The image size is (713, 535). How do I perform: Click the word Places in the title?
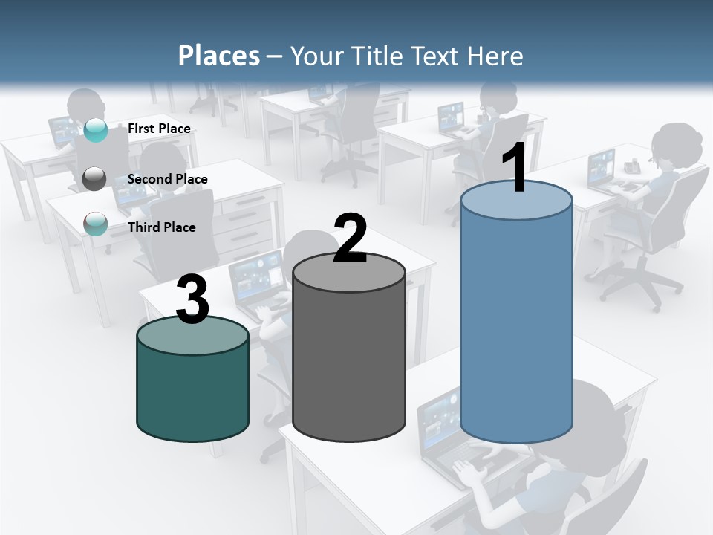click(219, 56)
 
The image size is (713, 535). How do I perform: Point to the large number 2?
click(350, 239)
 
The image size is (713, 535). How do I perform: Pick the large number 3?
click(192, 300)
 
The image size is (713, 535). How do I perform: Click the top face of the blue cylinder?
click(516, 201)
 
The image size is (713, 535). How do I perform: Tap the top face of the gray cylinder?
click(349, 273)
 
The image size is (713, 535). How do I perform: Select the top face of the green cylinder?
click(192, 337)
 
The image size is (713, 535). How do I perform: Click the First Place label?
click(159, 129)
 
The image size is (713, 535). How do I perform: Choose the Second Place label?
click(167, 179)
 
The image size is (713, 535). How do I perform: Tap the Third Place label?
click(161, 227)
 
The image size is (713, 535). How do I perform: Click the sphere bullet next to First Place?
click(96, 130)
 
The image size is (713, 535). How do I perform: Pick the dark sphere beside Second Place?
click(95, 179)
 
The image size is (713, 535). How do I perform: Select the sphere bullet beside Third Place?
click(96, 224)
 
